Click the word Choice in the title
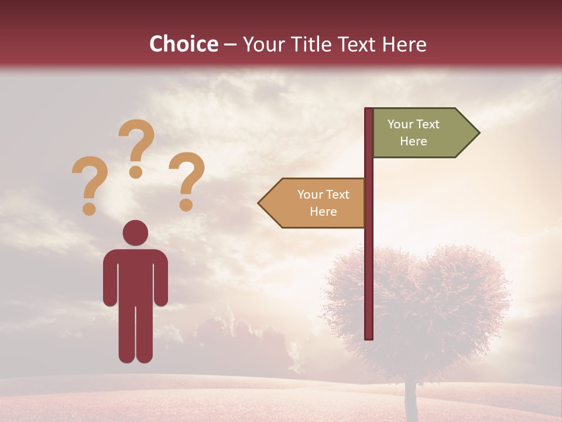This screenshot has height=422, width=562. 183,44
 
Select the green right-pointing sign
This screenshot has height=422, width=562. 421,133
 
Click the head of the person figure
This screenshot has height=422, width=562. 135,233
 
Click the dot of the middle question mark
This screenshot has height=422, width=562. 136,171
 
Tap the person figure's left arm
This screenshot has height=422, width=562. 110,281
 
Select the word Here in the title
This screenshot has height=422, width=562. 404,45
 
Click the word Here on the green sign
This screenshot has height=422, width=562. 413,141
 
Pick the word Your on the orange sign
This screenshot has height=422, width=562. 309,195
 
